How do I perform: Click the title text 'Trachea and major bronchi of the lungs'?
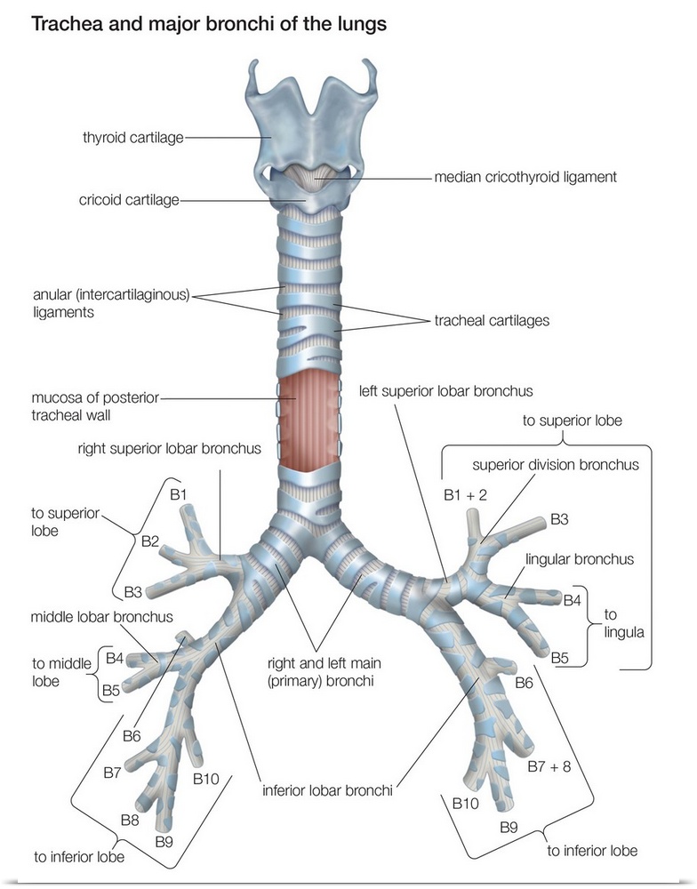[x=209, y=24]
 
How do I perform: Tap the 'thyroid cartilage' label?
[x=133, y=138]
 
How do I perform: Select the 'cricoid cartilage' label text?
[x=130, y=201]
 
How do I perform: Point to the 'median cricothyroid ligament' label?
[x=525, y=177]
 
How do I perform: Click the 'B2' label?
[x=150, y=541]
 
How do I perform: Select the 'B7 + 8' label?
[x=549, y=765]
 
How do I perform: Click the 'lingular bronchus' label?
[x=580, y=559]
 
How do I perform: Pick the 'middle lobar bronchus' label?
[x=101, y=616]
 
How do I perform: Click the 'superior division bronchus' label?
[x=556, y=464]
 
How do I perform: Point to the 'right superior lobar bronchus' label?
[x=168, y=449]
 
